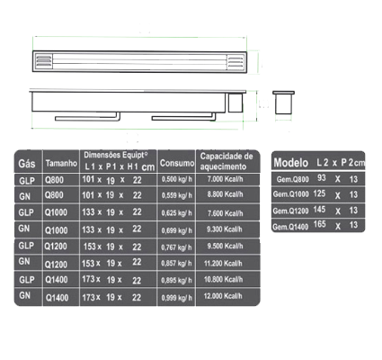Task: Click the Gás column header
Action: click(27, 164)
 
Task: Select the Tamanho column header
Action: click(61, 163)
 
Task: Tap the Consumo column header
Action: click(177, 163)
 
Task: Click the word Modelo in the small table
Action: click(291, 163)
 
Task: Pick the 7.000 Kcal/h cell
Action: click(225, 179)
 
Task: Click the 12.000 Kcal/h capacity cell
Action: click(223, 296)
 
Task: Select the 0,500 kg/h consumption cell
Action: click(177, 179)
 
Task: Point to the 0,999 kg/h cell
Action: click(177, 298)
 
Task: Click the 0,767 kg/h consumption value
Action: click(177, 247)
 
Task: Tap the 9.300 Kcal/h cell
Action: click(225, 229)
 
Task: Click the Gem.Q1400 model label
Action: click(290, 227)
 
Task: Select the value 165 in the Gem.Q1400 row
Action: click(320, 224)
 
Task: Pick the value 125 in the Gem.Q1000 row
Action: click(319, 193)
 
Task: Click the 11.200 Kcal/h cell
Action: click(223, 264)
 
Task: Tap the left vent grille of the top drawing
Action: click(44, 61)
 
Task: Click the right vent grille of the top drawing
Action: click(235, 61)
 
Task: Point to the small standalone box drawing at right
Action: click(283, 103)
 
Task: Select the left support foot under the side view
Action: click(87, 117)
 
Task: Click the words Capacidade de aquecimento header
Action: click(227, 161)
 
